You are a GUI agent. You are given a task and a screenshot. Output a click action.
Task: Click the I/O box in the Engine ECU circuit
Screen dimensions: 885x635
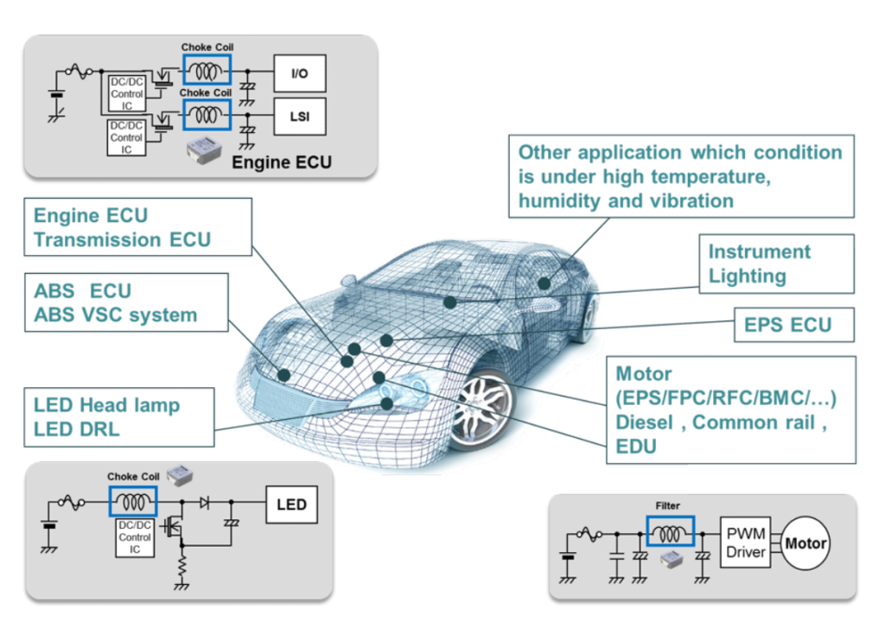300,73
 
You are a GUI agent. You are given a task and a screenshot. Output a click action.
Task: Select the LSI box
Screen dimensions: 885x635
300,117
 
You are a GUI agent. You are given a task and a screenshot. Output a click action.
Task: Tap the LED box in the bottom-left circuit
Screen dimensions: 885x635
291,504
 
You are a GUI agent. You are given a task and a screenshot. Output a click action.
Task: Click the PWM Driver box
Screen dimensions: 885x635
746,543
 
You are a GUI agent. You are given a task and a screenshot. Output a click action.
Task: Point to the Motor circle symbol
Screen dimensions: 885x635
805,543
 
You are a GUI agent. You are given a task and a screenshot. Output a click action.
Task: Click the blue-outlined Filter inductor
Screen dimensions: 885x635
670,531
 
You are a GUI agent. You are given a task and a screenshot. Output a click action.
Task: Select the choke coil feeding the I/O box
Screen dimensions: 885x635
207,70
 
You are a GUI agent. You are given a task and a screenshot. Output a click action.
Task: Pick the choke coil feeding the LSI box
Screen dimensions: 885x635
207,115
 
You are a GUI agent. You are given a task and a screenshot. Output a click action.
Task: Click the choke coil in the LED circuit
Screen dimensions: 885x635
132,501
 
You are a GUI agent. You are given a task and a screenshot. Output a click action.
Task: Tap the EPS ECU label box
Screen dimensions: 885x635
794,325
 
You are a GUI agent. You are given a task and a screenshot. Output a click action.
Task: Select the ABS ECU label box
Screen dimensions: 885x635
126,302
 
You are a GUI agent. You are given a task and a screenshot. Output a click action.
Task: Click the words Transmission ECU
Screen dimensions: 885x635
122,240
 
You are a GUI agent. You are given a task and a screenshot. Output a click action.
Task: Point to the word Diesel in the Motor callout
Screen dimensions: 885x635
644,422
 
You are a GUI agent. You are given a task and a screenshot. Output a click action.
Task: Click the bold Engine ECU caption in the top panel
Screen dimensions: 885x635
282,162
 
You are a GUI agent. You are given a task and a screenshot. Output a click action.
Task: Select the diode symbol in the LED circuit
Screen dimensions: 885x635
205,502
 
